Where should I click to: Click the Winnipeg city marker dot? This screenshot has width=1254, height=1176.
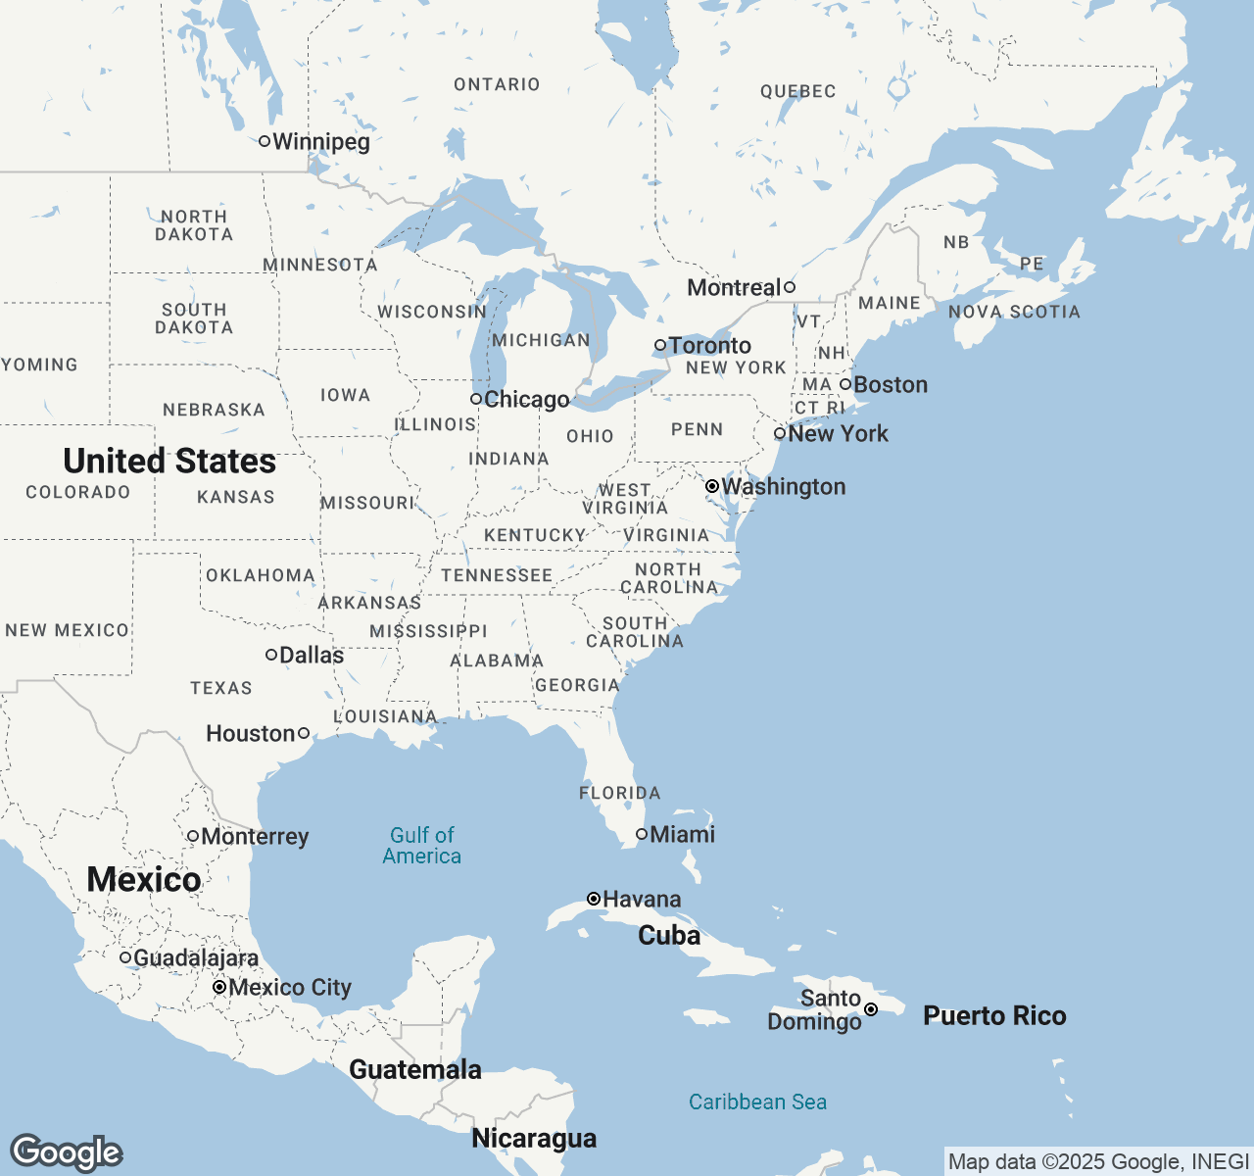(x=265, y=141)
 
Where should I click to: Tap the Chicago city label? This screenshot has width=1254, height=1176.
(x=527, y=400)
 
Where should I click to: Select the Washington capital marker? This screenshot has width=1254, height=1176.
(x=712, y=486)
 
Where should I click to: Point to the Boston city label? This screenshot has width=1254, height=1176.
(x=891, y=385)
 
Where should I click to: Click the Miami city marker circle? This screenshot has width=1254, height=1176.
(x=642, y=834)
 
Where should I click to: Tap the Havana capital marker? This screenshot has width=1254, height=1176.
(x=594, y=899)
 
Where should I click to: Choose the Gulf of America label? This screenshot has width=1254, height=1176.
(x=422, y=846)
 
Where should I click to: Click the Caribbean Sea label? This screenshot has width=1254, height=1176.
(x=757, y=1102)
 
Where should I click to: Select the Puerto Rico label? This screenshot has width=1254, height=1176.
(x=994, y=1016)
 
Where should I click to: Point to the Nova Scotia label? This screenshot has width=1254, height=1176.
(x=1014, y=313)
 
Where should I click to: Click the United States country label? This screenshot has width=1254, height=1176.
(x=169, y=462)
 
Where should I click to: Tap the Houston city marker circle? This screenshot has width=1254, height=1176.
(x=304, y=733)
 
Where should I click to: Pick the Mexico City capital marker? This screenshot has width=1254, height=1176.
(x=219, y=987)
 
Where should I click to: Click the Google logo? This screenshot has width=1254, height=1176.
(x=66, y=1153)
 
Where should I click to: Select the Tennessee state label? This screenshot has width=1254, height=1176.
(x=497, y=576)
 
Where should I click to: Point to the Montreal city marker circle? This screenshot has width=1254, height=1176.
(x=790, y=287)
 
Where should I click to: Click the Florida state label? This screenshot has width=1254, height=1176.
(x=619, y=793)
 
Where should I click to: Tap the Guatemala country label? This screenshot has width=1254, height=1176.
(x=415, y=1070)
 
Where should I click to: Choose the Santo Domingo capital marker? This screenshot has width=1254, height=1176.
(x=871, y=1009)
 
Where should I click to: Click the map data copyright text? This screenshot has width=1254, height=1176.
(x=1098, y=1162)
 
